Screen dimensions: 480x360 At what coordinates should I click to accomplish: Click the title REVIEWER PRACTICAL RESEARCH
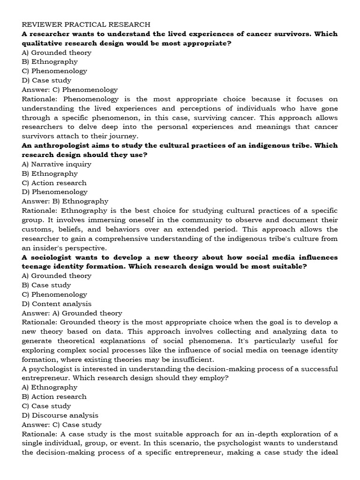tap(86, 24)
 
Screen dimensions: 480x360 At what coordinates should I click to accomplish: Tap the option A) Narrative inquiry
tap(56, 164)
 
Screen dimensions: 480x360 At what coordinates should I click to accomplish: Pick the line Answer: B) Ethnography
tap(65, 201)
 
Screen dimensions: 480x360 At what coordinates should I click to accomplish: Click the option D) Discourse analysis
tap(60, 415)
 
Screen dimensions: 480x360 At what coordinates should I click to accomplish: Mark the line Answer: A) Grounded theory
tap(72, 313)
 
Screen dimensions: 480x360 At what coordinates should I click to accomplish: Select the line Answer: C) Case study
tap(61, 425)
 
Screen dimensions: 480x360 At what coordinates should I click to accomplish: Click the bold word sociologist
tap(50, 257)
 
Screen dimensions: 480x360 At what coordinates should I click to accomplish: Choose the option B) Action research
tap(54, 397)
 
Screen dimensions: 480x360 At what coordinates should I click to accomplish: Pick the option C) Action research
tap(54, 183)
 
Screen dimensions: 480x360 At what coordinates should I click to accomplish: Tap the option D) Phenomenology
tap(54, 192)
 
